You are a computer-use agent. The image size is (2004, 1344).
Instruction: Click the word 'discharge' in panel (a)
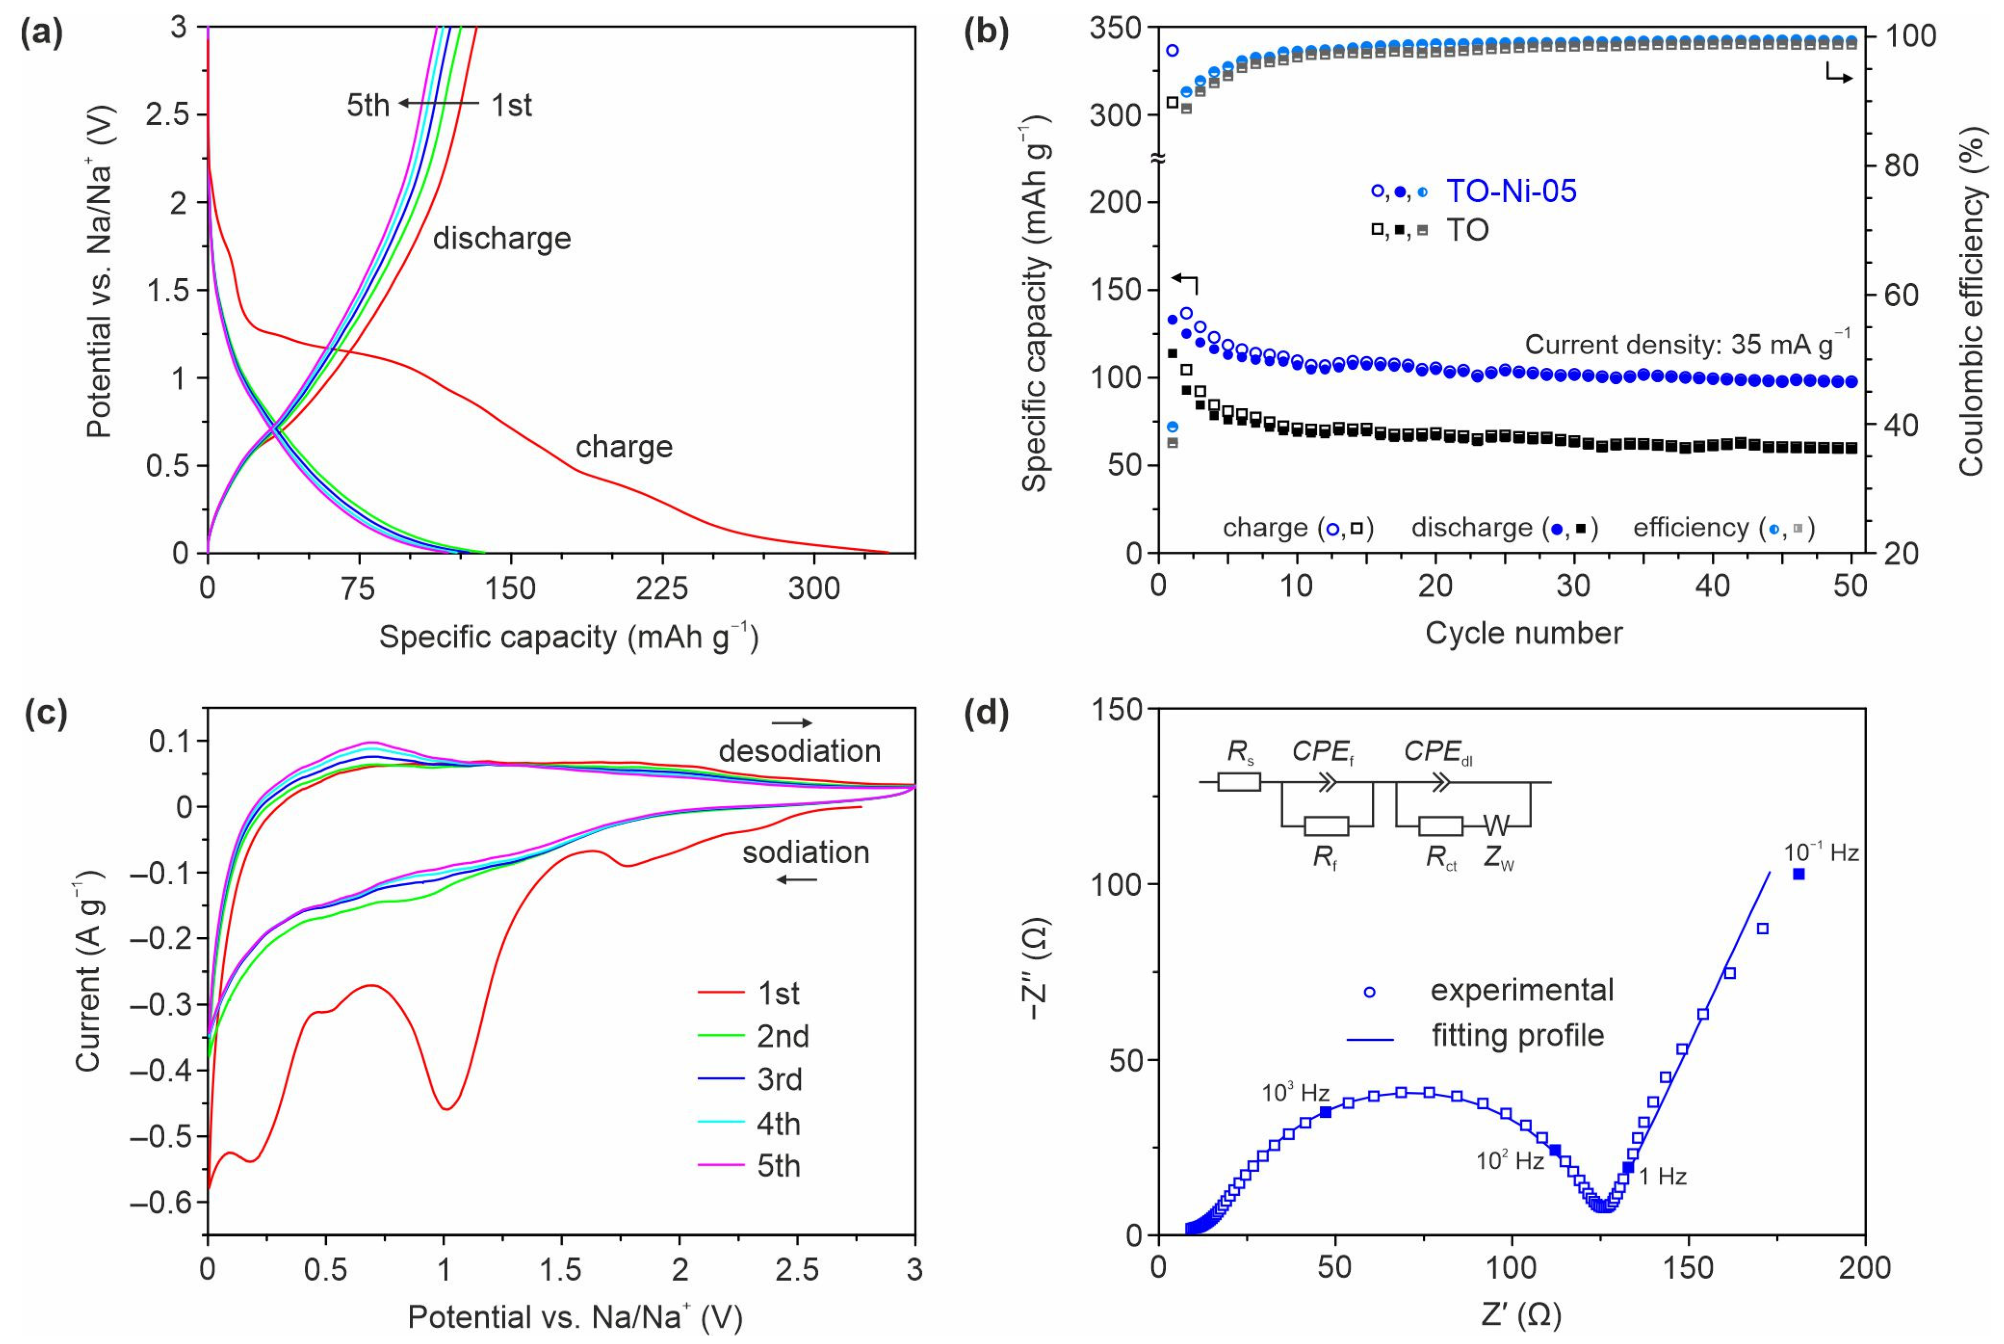click(501, 238)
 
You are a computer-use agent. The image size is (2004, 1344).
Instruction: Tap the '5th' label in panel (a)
click(368, 105)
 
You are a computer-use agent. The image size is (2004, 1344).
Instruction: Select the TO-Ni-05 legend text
click(1511, 191)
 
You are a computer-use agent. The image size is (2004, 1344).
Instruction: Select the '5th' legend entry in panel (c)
click(778, 1166)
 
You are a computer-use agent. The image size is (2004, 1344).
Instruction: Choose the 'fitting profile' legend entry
click(1517, 1035)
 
